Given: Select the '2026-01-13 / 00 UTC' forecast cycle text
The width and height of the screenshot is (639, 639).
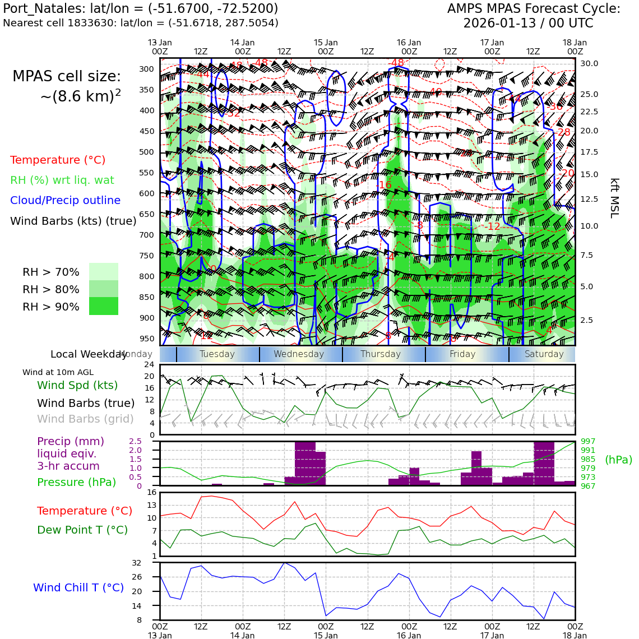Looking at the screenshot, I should pos(528,24).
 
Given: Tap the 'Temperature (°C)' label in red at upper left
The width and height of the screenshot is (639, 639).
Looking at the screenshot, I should pos(58,160).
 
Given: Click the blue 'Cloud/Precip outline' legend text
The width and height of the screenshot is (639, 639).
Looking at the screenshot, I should pos(65,200).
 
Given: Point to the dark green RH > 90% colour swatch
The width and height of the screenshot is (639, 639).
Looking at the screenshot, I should pos(104,306).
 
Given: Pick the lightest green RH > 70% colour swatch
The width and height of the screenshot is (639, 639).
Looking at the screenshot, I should pos(104,271).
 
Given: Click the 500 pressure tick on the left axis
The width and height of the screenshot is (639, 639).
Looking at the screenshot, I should pos(146,152).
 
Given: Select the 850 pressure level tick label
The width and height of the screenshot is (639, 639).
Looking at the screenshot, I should pos(146,297).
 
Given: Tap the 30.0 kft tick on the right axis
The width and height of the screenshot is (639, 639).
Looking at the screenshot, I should pos(589,63).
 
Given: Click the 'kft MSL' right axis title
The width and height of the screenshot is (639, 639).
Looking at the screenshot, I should pos(614,198).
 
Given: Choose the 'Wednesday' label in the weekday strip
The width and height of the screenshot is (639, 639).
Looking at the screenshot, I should pos(299,354).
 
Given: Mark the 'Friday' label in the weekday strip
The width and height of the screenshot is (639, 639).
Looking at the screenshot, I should pos(462,354).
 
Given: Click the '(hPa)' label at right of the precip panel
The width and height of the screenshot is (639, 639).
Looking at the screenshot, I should pos(618,460).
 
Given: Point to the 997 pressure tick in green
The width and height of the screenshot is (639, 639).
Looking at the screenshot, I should pos(588,442).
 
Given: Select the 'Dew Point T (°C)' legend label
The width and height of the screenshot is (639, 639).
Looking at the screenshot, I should pos(82,530).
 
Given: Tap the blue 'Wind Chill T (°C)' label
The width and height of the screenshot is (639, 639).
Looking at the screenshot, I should pos(78,587).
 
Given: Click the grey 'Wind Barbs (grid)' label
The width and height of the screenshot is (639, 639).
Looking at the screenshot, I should pos(85,419).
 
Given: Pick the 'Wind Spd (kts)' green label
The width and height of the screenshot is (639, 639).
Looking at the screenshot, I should pos(77,385).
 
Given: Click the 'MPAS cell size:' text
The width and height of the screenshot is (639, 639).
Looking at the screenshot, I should pos(67,77).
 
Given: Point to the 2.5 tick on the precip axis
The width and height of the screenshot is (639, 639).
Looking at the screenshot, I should pos(135,442).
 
